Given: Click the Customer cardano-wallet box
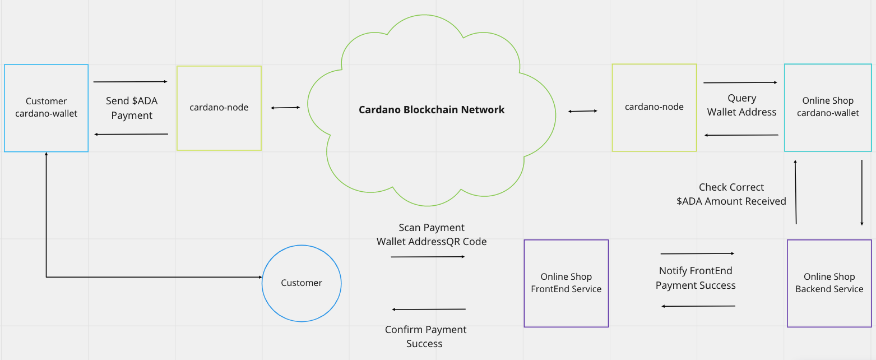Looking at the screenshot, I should pyautogui.click(x=46, y=108).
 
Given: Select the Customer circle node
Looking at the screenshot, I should pyautogui.click(x=302, y=283).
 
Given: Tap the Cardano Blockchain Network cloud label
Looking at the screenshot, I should pyautogui.click(x=432, y=110).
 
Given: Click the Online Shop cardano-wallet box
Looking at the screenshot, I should pyautogui.click(x=828, y=107).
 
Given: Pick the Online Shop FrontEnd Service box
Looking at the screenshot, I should pyautogui.click(x=566, y=283).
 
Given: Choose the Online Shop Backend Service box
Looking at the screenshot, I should pyautogui.click(x=829, y=283).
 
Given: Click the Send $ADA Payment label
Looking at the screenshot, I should pyautogui.click(x=132, y=108).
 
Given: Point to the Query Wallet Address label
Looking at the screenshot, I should pyautogui.click(x=741, y=105).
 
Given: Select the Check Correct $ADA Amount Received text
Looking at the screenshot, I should pyautogui.click(x=731, y=194).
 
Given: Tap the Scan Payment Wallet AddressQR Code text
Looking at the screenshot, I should pyautogui.click(x=432, y=235).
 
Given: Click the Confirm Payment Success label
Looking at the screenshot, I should pyautogui.click(x=425, y=336).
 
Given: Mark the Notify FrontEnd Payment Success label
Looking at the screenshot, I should pyautogui.click(x=696, y=278).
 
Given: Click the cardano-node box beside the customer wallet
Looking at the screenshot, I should pyautogui.click(x=219, y=108).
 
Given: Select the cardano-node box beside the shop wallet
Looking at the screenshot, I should pyautogui.click(x=654, y=107).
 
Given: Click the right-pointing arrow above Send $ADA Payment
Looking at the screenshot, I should pyautogui.click(x=131, y=82).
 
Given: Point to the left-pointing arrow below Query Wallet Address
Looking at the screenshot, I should pyautogui.click(x=741, y=135).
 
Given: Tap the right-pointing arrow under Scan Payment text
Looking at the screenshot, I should pyautogui.click(x=428, y=257).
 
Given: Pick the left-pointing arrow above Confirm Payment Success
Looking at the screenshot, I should pyautogui.click(x=429, y=310).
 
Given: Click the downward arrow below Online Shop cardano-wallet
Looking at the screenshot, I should pyautogui.click(x=862, y=192).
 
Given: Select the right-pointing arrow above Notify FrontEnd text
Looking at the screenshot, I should pyautogui.click(x=697, y=253).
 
